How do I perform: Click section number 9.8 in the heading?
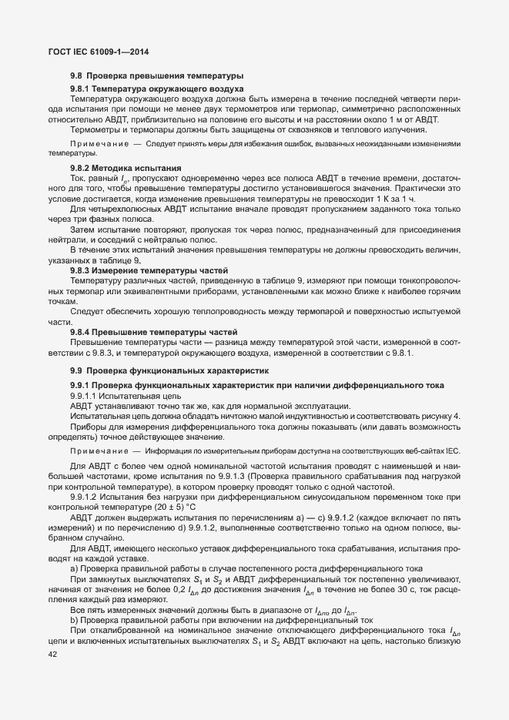tap(76, 76)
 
